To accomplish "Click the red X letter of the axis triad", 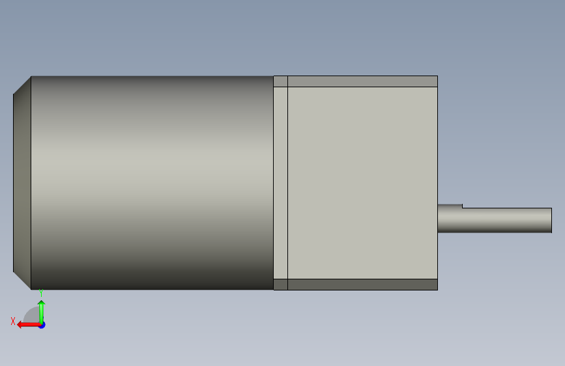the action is [x=13, y=321].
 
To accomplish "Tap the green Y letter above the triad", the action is [x=41, y=293].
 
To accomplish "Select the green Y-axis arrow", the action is [x=42, y=312].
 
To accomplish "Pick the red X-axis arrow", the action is [x=29, y=325].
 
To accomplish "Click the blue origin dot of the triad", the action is [x=42, y=325].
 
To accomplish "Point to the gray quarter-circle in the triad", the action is [x=33, y=316].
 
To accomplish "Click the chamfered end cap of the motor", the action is [x=22, y=182].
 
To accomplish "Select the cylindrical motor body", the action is [x=152, y=182].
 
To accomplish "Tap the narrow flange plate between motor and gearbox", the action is [x=281, y=182].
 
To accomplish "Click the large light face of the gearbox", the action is [x=362, y=182].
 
